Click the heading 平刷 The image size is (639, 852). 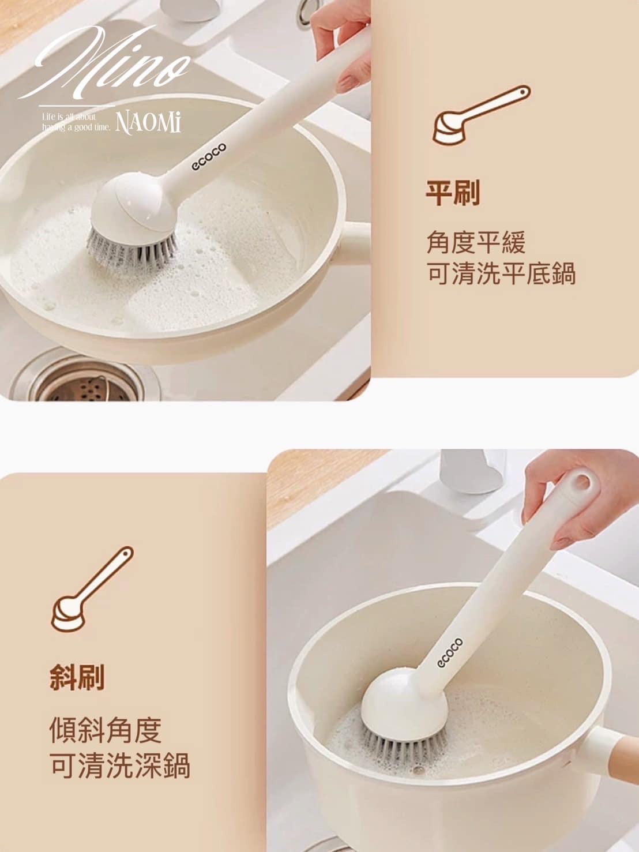point(452,192)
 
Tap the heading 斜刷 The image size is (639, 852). point(77,677)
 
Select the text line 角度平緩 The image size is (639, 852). point(476,242)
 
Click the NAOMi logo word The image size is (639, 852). point(149,123)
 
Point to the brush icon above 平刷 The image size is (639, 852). point(481,115)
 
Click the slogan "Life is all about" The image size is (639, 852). point(68,117)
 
